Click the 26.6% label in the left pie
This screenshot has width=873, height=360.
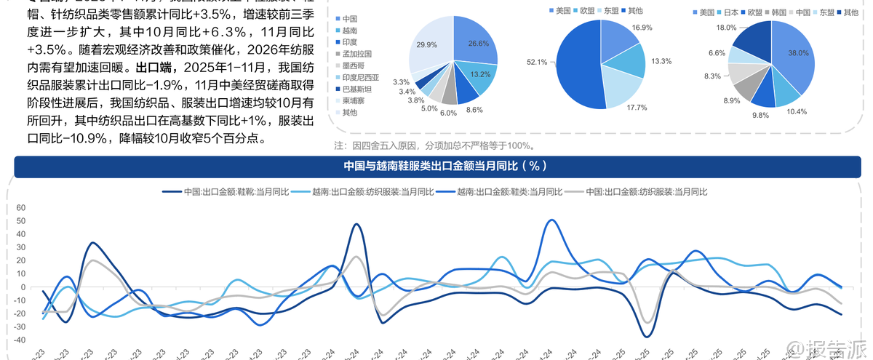click(x=478, y=44)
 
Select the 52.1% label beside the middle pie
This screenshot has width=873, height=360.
click(x=536, y=63)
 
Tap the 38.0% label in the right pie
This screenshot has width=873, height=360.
click(x=798, y=53)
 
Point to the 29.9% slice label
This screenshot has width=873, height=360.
click(x=427, y=45)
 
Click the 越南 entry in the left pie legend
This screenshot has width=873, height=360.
click(x=349, y=30)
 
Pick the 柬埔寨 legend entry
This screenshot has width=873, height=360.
click(x=353, y=100)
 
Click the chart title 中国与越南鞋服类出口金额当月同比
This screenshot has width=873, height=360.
click(x=445, y=166)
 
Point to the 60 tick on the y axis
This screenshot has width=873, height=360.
click(x=20, y=208)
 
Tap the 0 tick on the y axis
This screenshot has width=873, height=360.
click(x=23, y=287)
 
